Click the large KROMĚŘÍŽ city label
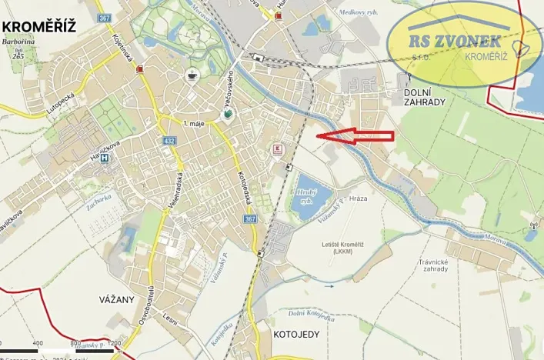pyautogui.click(x=39, y=27)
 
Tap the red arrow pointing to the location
pyautogui.click(x=355, y=136)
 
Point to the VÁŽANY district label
pyautogui.click(x=117, y=298)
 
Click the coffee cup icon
pyautogui.click(x=192, y=75)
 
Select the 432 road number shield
pyautogui.click(x=169, y=141)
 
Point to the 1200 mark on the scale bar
pyautogui.click(x=114, y=343)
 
